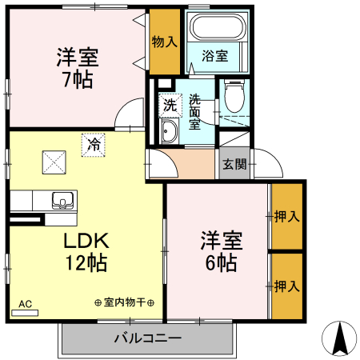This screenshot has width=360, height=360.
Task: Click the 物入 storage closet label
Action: (164, 41)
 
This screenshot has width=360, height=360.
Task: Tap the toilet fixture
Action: (234, 99)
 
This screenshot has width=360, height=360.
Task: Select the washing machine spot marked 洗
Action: (169, 104)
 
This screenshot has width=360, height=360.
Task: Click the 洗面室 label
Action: (195, 111)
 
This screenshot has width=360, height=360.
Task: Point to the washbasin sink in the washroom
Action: (170, 132)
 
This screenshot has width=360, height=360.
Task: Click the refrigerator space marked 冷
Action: (93, 146)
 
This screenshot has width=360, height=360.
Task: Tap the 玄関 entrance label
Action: (234, 165)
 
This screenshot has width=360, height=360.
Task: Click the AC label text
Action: (25, 304)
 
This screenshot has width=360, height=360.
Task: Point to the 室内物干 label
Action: (124, 303)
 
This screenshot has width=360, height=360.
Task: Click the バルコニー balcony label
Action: (147, 339)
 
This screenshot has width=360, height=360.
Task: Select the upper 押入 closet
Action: (286, 216)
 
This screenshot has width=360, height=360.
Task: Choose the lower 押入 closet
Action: (286, 285)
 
